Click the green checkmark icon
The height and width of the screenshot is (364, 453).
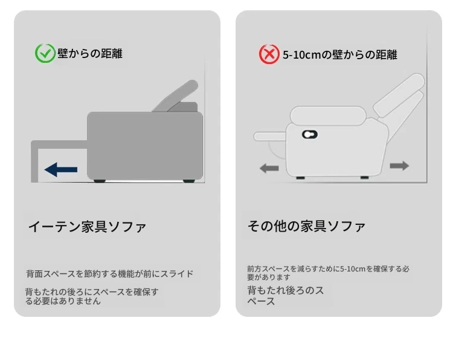click(x=45, y=53)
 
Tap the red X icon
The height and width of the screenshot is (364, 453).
click(x=269, y=54)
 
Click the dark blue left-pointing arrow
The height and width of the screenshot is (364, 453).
click(x=61, y=169)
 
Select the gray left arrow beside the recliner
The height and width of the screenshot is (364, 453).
click(x=269, y=168)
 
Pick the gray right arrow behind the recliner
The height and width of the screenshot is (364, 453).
click(x=399, y=166)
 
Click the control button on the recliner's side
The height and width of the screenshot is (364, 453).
click(x=310, y=134)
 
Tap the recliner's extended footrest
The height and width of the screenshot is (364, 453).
click(x=270, y=136)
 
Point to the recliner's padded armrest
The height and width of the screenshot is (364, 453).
click(x=328, y=115)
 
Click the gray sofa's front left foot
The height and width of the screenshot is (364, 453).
click(x=100, y=181)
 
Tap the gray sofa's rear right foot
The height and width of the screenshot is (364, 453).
click(x=189, y=181)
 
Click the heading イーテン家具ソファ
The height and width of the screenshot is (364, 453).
click(x=87, y=227)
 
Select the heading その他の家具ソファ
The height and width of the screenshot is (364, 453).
click(x=307, y=226)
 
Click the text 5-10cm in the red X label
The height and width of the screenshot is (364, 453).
click(x=301, y=55)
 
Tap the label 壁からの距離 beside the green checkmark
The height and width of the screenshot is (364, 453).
click(x=90, y=53)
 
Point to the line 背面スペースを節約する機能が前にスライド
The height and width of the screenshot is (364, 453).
click(x=110, y=274)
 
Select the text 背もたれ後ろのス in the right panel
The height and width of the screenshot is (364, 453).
click(x=286, y=290)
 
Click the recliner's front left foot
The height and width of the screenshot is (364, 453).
click(x=300, y=178)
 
